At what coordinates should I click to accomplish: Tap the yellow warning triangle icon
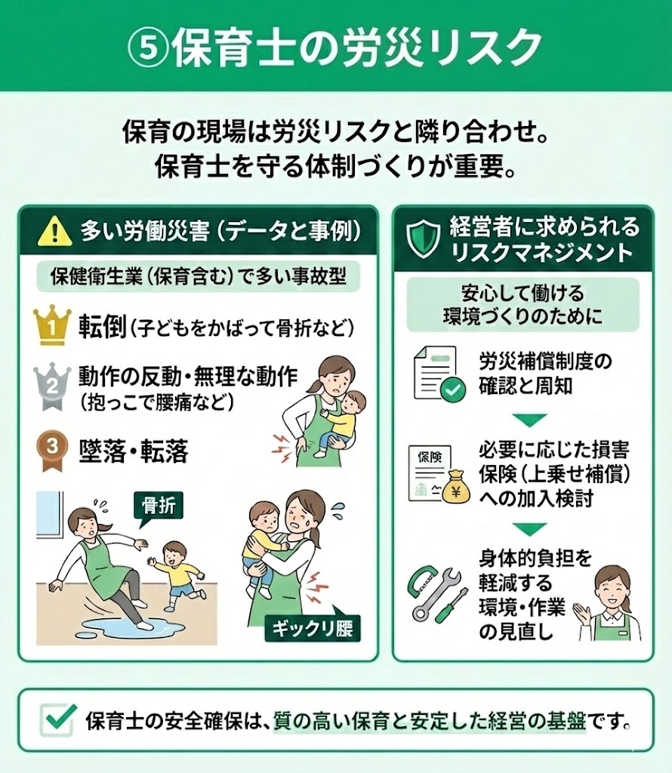click(55, 230)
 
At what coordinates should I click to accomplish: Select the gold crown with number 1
click(52, 324)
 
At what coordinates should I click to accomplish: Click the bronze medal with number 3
click(51, 450)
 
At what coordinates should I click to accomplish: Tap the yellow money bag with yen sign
click(455, 487)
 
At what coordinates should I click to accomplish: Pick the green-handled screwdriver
click(452, 605)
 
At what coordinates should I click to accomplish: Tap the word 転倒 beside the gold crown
click(102, 326)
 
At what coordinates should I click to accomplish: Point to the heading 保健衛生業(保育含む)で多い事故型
click(198, 277)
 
